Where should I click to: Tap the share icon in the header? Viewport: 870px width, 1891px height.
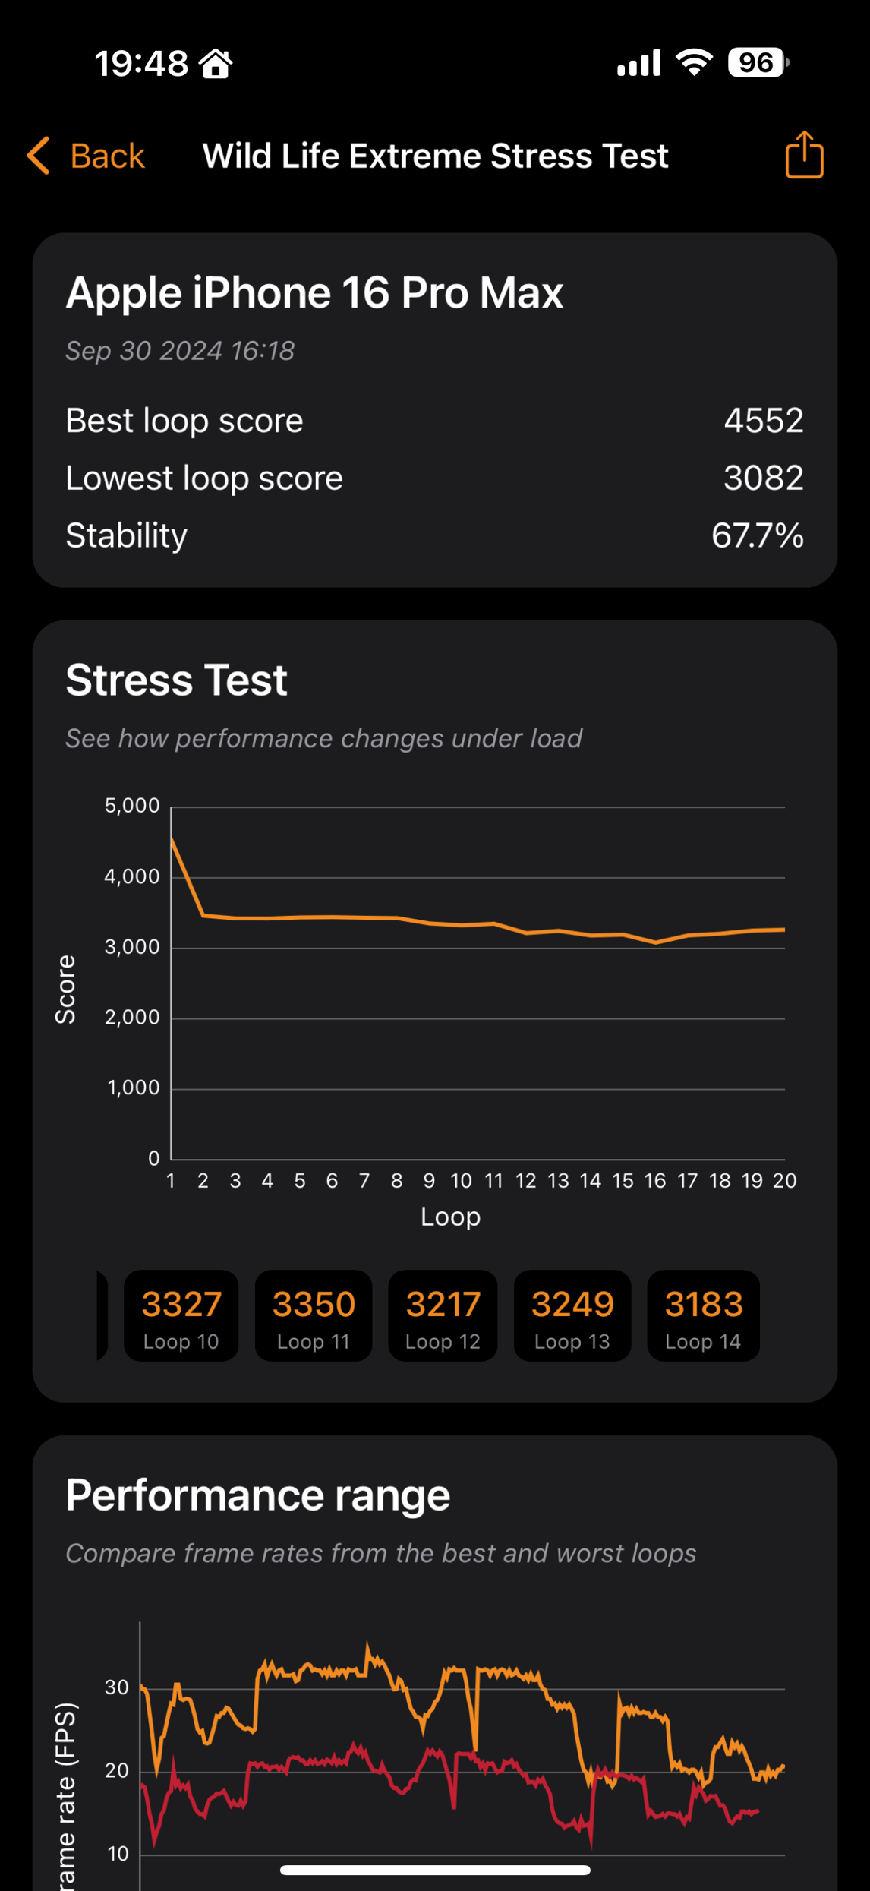tap(804, 155)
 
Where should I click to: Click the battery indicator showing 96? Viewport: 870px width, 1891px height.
tap(757, 62)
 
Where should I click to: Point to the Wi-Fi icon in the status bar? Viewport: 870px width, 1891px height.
tap(694, 62)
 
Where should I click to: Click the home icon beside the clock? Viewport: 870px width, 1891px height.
tap(216, 63)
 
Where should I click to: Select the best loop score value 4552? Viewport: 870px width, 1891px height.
tap(763, 420)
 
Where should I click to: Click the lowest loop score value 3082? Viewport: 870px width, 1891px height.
tap(763, 478)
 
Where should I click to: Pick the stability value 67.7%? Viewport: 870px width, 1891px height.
tap(757, 535)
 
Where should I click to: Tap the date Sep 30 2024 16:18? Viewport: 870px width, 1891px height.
tap(180, 351)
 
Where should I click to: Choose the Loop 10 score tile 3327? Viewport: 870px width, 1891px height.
tap(181, 1315)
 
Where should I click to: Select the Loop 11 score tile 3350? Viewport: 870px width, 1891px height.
tap(314, 1315)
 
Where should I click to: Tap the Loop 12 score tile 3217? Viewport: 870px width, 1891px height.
tap(443, 1315)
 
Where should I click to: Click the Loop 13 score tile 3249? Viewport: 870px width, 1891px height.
tap(572, 1315)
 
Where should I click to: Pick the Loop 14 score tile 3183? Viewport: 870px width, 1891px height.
tap(703, 1315)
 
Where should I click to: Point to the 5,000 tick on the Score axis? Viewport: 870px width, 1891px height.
tap(132, 806)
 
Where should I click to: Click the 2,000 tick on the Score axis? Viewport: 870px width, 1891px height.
tap(132, 1018)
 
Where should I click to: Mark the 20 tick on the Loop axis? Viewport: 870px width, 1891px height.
tap(784, 1180)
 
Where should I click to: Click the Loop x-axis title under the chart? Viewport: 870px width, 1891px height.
tap(450, 1217)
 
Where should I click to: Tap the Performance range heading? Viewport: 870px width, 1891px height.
tap(258, 1495)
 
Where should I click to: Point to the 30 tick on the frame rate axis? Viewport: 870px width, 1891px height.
tap(117, 1687)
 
